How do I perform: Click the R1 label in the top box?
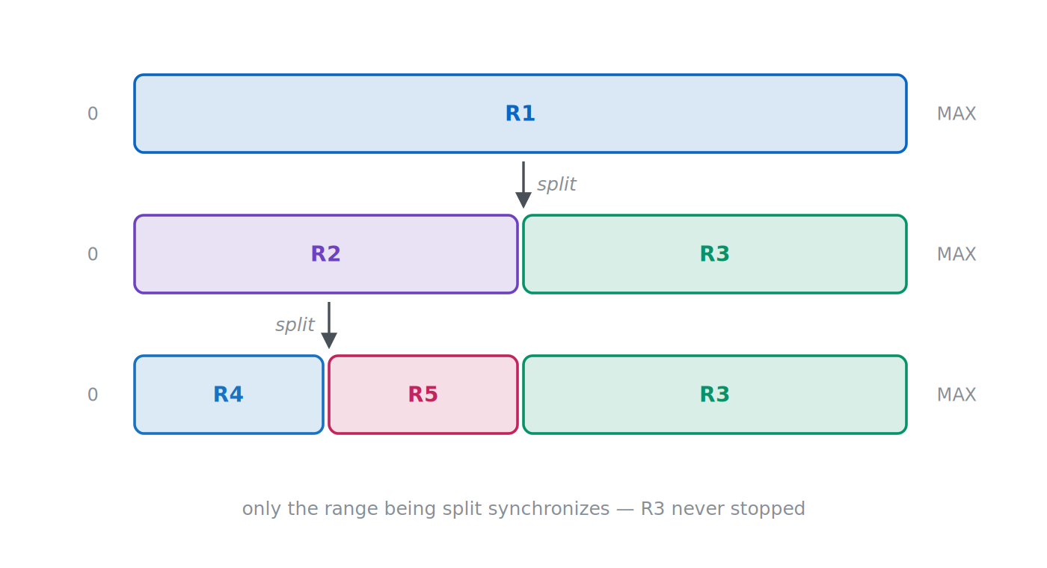tap(521, 114)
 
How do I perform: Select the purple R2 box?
tap(326, 254)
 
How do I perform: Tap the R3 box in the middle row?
tap(715, 254)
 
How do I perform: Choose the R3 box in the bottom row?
tap(715, 395)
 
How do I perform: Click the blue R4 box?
tap(229, 395)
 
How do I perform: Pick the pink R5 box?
tap(423, 395)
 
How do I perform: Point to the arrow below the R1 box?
tap(523, 185)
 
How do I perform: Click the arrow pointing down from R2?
tap(329, 326)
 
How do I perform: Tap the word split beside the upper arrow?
tap(556, 185)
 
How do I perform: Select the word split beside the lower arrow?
tap(295, 324)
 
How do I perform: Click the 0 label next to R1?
tap(93, 114)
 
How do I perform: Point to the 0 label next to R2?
tap(93, 254)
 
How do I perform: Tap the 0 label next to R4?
tap(93, 395)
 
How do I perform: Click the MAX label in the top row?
tap(957, 114)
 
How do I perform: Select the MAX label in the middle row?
tap(957, 254)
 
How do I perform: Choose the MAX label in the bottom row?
tap(957, 395)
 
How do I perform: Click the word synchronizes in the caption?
tap(526, 509)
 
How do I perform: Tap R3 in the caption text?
tap(652, 509)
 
